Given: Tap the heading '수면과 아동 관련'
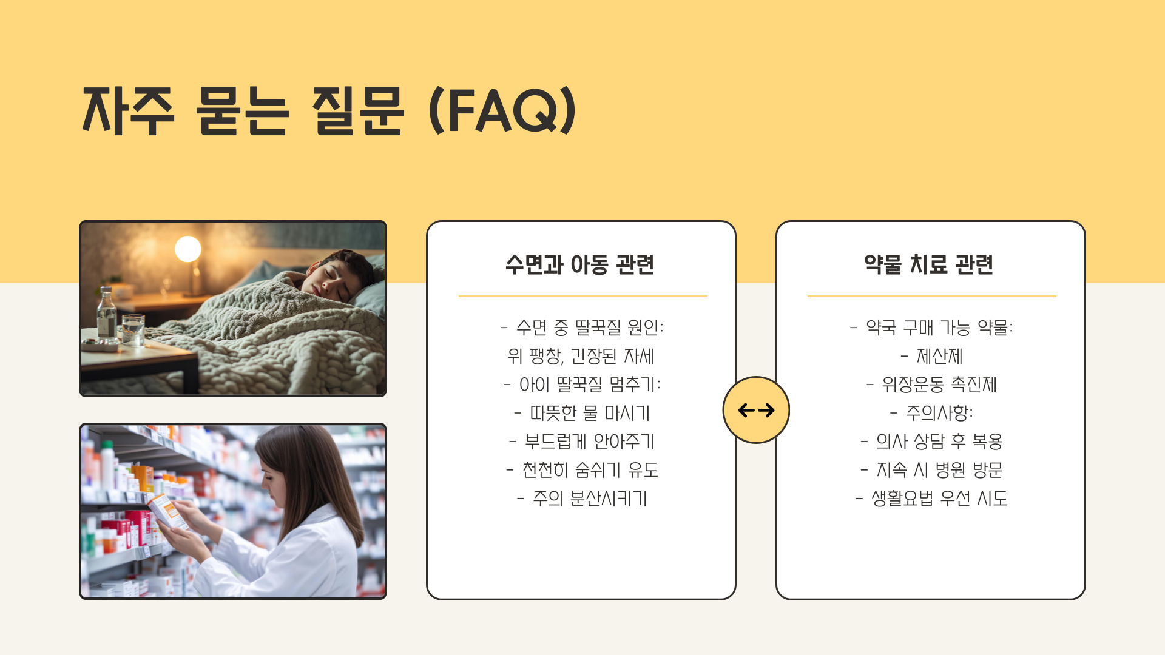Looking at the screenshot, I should pyautogui.click(x=580, y=264).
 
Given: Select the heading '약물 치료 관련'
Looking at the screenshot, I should pyautogui.click(x=929, y=264).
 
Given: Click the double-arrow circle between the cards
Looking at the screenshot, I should pyautogui.click(x=756, y=410).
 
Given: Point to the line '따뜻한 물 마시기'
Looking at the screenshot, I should pyautogui.click(x=582, y=413).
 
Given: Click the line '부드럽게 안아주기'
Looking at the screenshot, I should pyautogui.click(x=582, y=442).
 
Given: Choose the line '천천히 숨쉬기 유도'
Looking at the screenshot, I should pyautogui.click(x=582, y=470).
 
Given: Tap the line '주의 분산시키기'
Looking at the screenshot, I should pyautogui.click(x=582, y=499).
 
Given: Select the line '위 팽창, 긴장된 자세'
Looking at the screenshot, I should pyautogui.click(x=581, y=356).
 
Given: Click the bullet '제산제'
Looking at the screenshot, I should pyautogui.click(x=932, y=356).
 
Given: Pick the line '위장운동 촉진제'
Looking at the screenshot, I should pyautogui.click(x=932, y=385).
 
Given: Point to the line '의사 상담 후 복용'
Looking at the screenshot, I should pyautogui.click(x=932, y=442).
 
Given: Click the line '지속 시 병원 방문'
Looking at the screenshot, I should pyautogui.click(x=932, y=470).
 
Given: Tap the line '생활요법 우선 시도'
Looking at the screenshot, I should pyautogui.click(x=932, y=499).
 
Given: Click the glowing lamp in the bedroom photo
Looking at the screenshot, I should pyautogui.click(x=188, y=249).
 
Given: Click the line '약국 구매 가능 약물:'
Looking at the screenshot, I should pyautogui.click(x=932, y=327).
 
